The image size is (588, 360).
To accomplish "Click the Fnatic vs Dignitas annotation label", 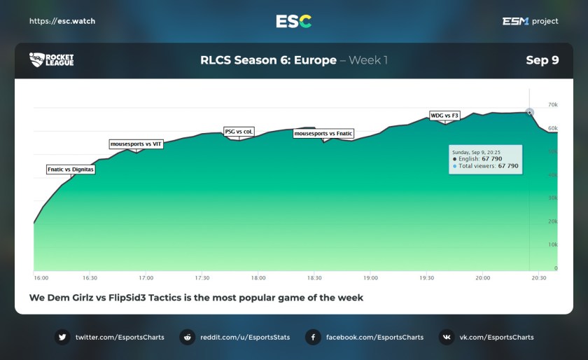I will [x=70, y=169].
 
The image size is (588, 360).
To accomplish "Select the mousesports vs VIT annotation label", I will [x=136, y=144].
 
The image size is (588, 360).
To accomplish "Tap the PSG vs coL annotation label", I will [x=239, y=131].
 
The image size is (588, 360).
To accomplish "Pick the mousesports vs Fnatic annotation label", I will [x=323, y=133].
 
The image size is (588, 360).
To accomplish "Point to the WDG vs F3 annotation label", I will [x=444, y=115].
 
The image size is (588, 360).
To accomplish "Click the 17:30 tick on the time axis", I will [x=202, y=278].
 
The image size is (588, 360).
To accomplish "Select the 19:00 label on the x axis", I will [x=370, y=278].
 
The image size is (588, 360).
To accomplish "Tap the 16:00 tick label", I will [x=41, y=278].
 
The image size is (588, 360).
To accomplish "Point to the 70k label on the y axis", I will [x=552, y=105].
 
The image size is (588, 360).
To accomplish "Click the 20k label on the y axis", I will [x=552, y=221].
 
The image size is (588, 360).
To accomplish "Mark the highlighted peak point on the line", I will [x=529, y=112].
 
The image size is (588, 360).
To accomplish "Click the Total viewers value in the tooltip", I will [x=508, y=166].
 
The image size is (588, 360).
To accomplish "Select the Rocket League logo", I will [x=51, y=60].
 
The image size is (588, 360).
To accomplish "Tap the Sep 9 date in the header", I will [x=542, y=60].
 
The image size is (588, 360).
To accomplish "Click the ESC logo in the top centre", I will [x=294, y=21].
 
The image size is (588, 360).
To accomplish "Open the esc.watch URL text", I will [x=62, y=21].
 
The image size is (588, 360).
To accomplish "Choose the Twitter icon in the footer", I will [x=63, y=337].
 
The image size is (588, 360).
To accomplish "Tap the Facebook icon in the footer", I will [x=313, y=337].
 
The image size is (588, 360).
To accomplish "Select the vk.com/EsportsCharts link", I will [x=496, y=337].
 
